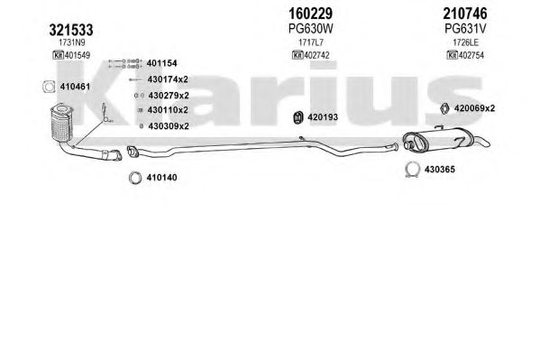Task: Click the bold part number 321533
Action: (x=71, y=30)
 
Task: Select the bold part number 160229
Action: (x=310, y=14)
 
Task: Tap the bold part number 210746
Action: (x=465, y=14)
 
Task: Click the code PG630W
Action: (x=311, y=29)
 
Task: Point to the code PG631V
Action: (x=465, y=29)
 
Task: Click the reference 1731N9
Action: (x=71, y=42)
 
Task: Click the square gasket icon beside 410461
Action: (x=49, y=87)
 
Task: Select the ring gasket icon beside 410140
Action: (x=135, y=178)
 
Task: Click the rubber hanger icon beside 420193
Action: (x=297, y=117)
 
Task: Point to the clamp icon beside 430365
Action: (x=412, y=170)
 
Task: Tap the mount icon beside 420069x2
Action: (x=445, y=108)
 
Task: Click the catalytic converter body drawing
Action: (x=61, y=123)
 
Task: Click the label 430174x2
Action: (x=168, y=79)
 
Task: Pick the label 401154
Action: (x=162, y=63)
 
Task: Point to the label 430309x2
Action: (x=169, y=126)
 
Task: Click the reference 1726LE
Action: (x=465, y=42)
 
